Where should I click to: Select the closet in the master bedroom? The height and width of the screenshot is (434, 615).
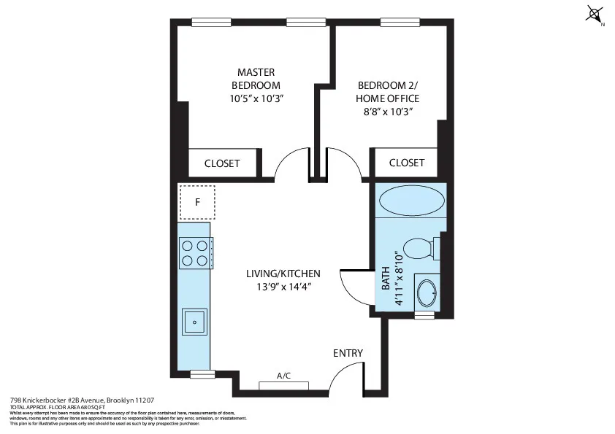pyautogui.click(x=222, y=163)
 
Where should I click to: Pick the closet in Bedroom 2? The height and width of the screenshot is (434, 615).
pyautogui.click(x=406, y=163)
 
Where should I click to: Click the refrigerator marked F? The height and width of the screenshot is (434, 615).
pyautogui.click(x=196, y=202)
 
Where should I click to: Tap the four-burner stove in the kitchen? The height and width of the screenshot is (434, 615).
pyautogui.click(x=195, y=253)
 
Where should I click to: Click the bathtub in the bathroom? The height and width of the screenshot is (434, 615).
pyautogui.click(x=412, y=201)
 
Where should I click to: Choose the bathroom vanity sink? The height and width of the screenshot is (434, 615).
pyautogui.click(x=426, y=294)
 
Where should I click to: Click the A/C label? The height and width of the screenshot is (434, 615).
pyautogui.click(x=284, y=376)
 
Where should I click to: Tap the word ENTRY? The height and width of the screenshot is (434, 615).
pyautogui.click(x=348, y=353)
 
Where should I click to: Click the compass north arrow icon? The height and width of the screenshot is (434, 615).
pyautogui.click(x=595, y=15)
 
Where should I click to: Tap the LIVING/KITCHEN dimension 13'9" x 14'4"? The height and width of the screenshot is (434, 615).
pyautogui.click(x=283, y=287)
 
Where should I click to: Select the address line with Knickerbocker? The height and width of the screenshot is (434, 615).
pyautogui.click(x=81, y=400)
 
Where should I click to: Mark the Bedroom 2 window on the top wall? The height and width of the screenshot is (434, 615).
pyautogui.click(x=395, y=22)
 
